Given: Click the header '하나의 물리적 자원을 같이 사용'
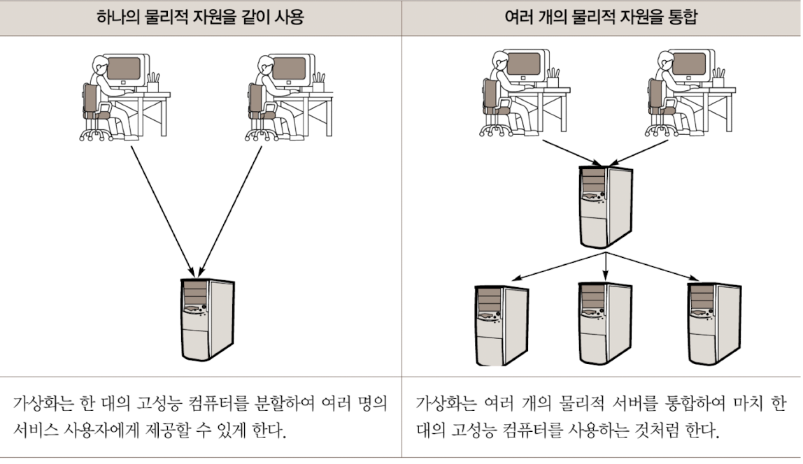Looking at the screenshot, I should [200, 17].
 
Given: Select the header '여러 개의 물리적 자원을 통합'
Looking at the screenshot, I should [602, 17].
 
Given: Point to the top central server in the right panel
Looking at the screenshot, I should [606, 205].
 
